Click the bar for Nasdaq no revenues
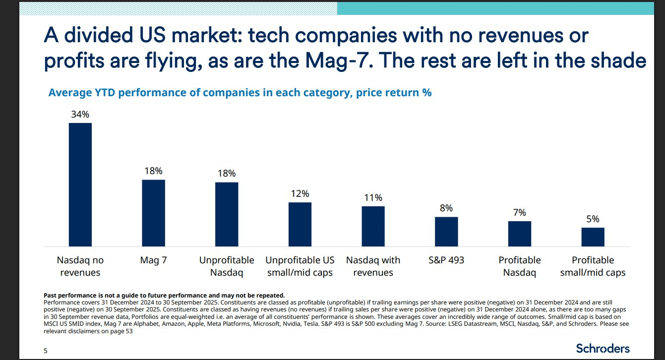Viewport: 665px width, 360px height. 80,184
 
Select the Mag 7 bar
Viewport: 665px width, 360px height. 153,213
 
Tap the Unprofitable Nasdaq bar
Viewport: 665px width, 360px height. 227,214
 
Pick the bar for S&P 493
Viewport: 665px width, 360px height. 446,232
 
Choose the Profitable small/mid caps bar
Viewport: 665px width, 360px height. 593,237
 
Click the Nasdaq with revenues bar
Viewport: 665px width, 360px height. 373,226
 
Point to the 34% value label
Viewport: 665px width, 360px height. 80,115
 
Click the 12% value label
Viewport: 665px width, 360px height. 300,193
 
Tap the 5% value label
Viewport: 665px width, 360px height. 593,219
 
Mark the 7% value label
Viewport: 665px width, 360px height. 519,213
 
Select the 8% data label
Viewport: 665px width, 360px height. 446,208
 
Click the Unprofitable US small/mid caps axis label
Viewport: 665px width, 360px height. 300,266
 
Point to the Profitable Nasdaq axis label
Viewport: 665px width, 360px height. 519,266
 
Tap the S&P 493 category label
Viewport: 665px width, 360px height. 446,260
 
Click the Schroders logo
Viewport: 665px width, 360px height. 603,348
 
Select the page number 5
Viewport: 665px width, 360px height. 46,351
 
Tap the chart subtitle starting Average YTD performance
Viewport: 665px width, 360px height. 240,93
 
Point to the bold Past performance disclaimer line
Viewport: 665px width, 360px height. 164,296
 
